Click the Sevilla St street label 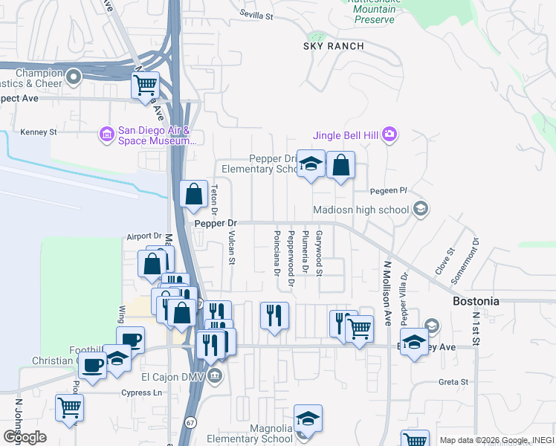[257, 13]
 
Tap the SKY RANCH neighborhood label [334, 46]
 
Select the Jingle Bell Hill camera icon [389, 135]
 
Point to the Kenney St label [39, 132]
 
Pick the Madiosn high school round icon [421, 209]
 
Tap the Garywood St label [319, 253]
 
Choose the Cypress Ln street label [142, 392]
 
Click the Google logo [25, 437]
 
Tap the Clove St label [445, 262]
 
